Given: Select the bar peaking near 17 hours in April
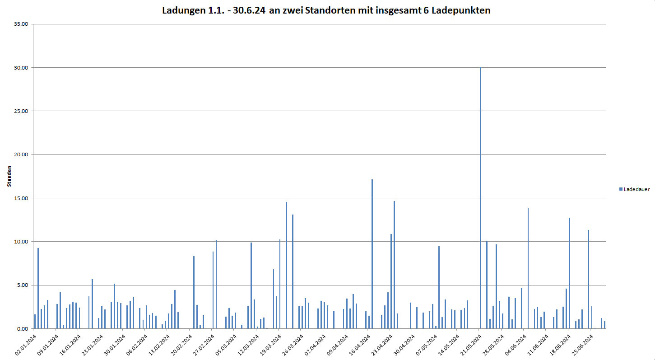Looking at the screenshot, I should coord(372,253).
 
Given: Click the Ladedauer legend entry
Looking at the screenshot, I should coord(636,189).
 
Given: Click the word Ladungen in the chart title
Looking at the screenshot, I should coord(182,10).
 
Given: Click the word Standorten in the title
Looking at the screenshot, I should coord(328,10).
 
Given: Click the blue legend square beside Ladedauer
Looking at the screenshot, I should coord(621,189).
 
